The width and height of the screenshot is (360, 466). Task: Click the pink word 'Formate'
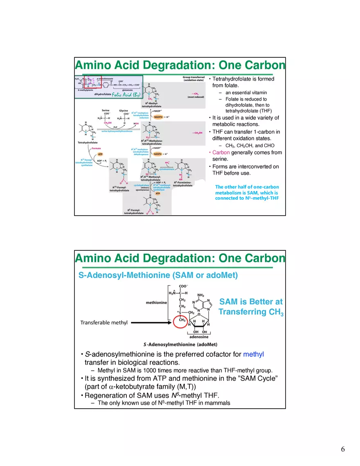(x=96, y=149)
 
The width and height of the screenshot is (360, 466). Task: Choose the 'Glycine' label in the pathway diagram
(x=124, y=110)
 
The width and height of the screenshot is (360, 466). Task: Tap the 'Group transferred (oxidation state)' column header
(x=194, y=79)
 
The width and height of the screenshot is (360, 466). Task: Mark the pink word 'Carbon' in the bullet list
(x=221, y=153)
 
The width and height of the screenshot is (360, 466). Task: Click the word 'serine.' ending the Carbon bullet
(x=220, y=159)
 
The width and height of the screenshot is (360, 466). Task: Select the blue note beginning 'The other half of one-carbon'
(x=247, y=192)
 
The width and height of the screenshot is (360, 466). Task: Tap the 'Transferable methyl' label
(x=104, y=323)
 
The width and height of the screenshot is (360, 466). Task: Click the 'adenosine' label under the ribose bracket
(x=198, y=337)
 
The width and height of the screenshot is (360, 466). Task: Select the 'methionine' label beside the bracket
(x=156, y=303)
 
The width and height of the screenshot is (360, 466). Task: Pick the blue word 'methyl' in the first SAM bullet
(x=254, y=354)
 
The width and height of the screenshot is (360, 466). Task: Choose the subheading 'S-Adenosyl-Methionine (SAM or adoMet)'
(x=158, y=275)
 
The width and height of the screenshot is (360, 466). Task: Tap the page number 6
(x=343, y=450)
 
